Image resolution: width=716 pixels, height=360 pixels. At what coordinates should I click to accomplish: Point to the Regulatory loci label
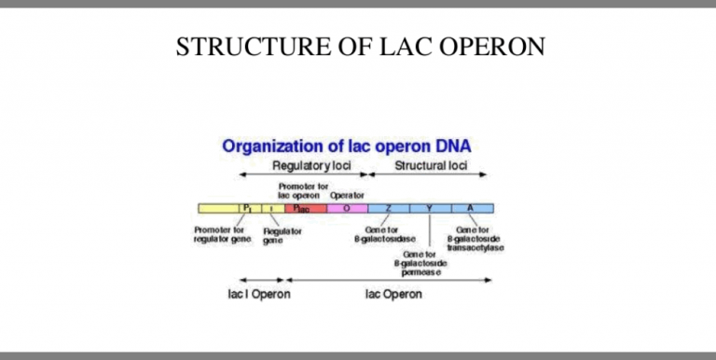[308, 165]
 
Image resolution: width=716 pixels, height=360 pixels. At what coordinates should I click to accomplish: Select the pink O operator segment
[347, 208]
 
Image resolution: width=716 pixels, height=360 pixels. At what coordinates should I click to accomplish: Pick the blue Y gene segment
[429, 208]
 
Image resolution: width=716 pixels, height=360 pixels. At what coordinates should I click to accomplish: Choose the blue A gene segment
[471, 208]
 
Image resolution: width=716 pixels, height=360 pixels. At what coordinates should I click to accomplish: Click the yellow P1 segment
[247, 208]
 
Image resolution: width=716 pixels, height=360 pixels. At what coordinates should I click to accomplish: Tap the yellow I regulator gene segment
[270, 208]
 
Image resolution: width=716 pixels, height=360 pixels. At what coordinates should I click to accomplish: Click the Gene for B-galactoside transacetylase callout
[475, 239]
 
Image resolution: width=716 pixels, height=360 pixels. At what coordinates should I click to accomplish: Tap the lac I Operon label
[259, 295]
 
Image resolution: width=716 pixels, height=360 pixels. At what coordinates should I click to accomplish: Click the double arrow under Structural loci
[430, 175]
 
